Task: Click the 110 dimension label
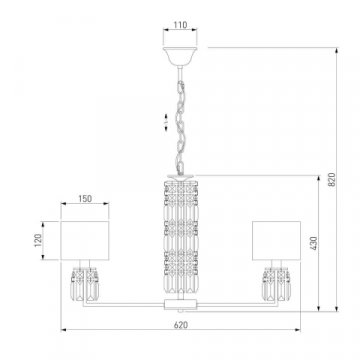coord(180,25)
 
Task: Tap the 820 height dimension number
coord(332,180)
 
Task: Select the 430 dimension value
coord(314,243)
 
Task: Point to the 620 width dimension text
coord(181,325)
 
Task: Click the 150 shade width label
coord(85,199)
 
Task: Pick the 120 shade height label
coord(38,240)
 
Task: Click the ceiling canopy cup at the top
coord(180,56)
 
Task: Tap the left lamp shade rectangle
coord(85,240)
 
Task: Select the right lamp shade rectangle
coord(276,240)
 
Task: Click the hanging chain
coord(181,127)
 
